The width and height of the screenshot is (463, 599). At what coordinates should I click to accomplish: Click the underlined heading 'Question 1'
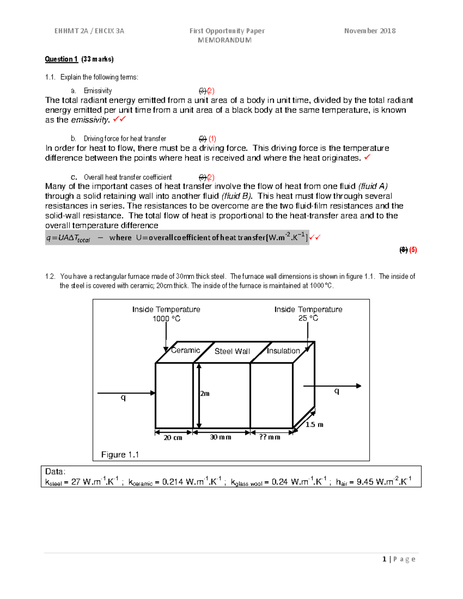coord(61,59)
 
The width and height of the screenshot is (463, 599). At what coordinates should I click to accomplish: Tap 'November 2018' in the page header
coord(370,31)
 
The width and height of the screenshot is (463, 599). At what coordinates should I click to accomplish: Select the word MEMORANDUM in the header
coord(225,40)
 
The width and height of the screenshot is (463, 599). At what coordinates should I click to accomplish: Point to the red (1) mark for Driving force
coord(212,139)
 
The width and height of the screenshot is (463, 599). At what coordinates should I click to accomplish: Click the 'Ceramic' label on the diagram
coord(186,350)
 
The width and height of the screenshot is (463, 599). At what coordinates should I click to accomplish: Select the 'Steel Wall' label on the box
coord(232,351)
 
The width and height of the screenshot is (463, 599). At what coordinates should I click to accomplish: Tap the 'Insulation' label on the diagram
coord(283,351)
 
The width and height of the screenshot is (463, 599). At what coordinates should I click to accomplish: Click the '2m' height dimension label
coord(205,393)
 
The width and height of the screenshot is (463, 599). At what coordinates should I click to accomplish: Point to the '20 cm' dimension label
coord(173,437)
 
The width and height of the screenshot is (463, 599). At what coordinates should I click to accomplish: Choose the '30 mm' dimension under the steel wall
coord(220,437)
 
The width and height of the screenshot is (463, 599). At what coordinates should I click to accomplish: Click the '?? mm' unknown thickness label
coord(270,437)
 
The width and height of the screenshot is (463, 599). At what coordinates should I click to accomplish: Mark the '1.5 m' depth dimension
coord(314,424)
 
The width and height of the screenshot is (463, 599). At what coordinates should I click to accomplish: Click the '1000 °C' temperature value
coord(166,319)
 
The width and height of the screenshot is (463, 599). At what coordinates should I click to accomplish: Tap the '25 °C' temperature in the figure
coord(308,318)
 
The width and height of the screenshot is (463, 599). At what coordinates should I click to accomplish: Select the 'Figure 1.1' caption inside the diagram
coord(120,454)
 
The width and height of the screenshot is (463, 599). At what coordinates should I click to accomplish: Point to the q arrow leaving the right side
coord(332,386)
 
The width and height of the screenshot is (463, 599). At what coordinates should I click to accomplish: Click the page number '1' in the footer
coord(384,559)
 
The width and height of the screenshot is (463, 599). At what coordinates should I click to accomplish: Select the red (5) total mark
coord(413,250)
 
